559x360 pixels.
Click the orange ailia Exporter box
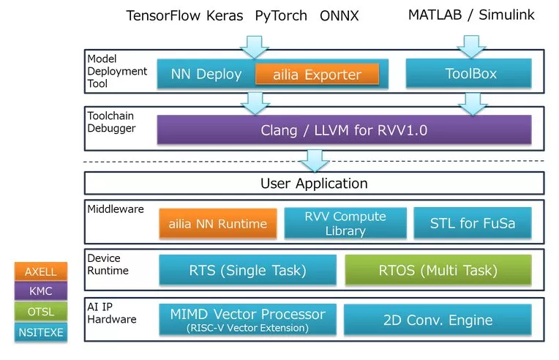[318, 74]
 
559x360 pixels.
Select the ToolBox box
[468, 73]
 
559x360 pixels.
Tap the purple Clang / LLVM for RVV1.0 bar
[344, 130]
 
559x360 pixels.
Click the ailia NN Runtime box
[218, 223]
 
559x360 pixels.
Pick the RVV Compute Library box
[345, 223]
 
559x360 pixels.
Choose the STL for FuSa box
[473, 223]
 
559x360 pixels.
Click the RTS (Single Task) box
[248, 270]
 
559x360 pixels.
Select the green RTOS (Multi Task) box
[438, 270]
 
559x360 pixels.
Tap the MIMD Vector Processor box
[248, 319]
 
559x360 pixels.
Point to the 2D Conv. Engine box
[438, 319]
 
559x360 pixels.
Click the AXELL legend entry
[41, 271]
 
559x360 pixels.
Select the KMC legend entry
[41, 290]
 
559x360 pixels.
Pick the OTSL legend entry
[41, 312]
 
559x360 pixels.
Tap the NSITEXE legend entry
[41, 332]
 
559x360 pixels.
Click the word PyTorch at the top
[281, 16]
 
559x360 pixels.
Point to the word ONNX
[339, 15]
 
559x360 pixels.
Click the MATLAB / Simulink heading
[471, 15]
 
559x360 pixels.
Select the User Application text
[314, 183]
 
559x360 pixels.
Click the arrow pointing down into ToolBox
[471, 46]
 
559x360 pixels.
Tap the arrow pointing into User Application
[315, 161]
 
